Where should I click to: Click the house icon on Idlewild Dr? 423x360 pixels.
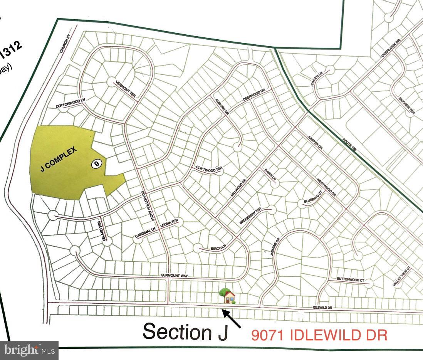(228, 296)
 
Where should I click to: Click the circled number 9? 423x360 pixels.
(97, 164)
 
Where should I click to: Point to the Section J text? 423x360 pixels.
(185, 332)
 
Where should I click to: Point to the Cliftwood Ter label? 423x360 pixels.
(210, 170)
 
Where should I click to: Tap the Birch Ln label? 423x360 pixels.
(218, 248)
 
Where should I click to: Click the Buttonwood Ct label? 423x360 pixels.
(350, 280)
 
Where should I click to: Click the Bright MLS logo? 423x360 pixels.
(29, 350)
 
